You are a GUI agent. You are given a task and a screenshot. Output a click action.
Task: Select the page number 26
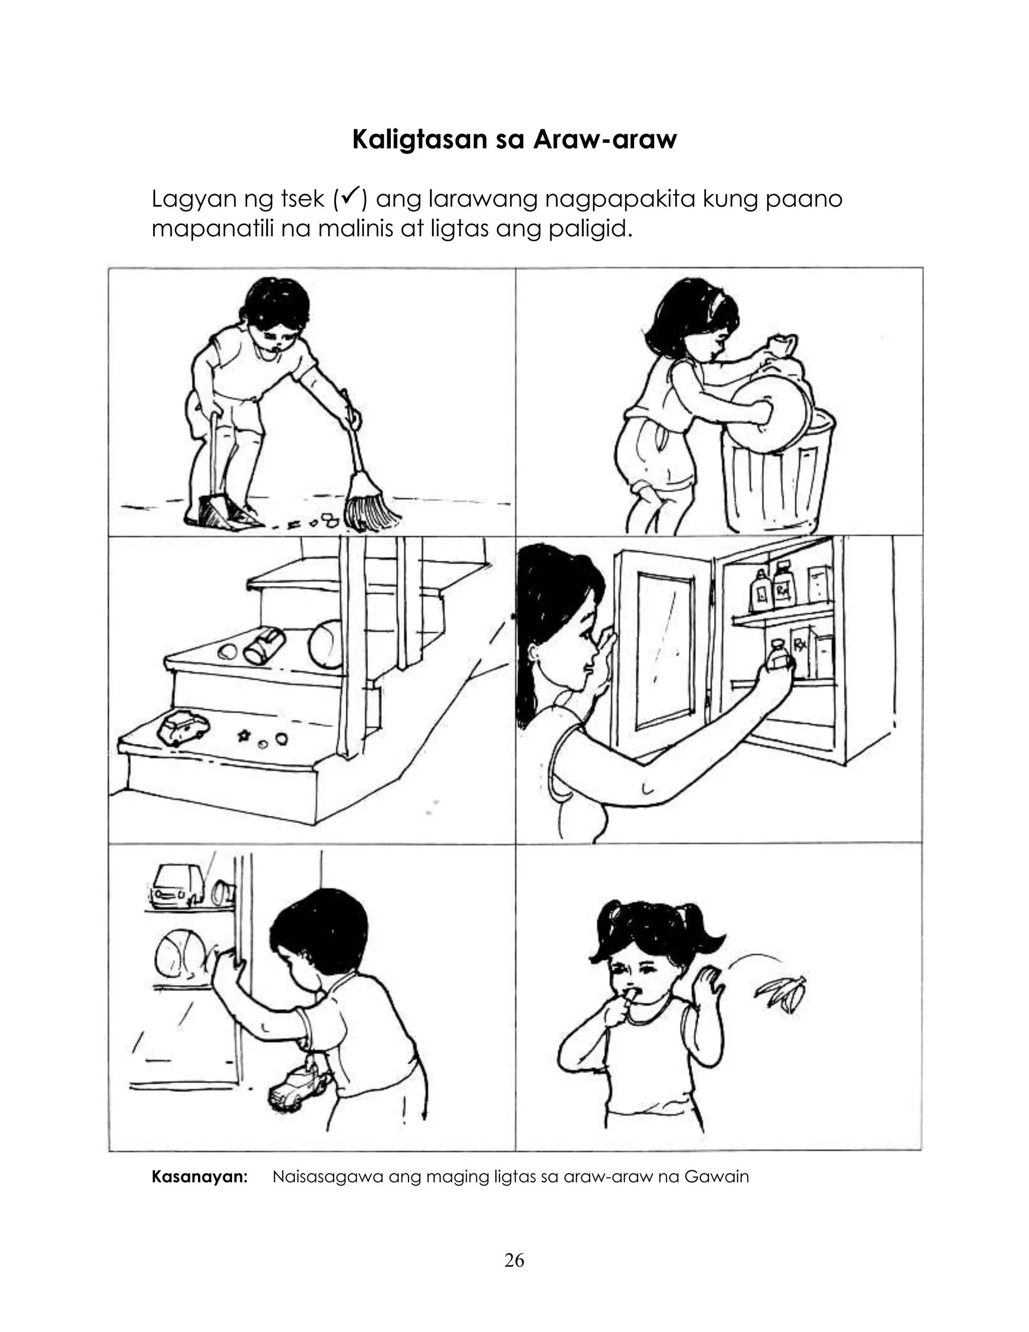[514, 1261]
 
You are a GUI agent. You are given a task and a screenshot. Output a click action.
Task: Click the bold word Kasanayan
[199, 1177]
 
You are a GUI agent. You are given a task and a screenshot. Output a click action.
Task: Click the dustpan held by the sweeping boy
[224, 511]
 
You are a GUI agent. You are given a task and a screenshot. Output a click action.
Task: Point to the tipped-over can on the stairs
[265, 645]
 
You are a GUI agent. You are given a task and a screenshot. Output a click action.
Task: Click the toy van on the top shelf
[177, 885]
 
